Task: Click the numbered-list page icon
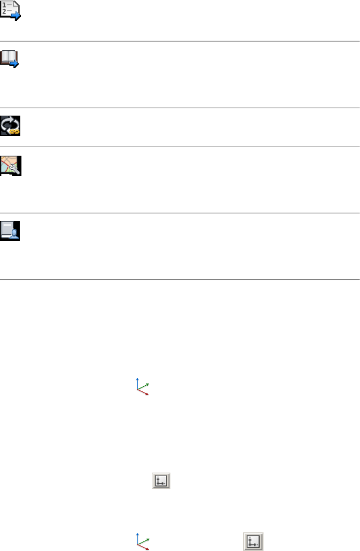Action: (10, 10)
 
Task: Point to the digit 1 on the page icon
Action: (5, 5)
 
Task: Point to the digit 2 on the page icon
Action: (5, 12)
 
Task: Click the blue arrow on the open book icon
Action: (15, 64)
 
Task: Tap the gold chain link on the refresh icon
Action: (15, 130)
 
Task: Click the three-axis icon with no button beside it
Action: (142, 387)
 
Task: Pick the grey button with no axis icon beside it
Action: (161, 481)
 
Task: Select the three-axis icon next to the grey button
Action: (142, 541)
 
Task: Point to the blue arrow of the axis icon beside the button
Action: (138, 534)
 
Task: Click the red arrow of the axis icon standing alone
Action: (147, 394)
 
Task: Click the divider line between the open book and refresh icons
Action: (180, 107)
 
